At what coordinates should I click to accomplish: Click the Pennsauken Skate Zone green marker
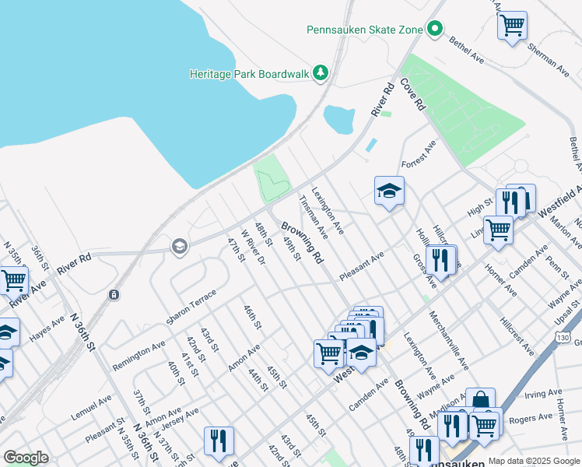coord(435,30)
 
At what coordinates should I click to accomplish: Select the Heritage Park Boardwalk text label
coord(250,74)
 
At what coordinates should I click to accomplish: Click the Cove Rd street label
coord(414,94)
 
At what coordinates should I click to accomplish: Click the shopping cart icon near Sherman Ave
coord(512,26)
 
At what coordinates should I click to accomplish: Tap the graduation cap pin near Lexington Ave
coord(389,191)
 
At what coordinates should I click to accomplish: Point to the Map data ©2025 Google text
coord(534,461)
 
